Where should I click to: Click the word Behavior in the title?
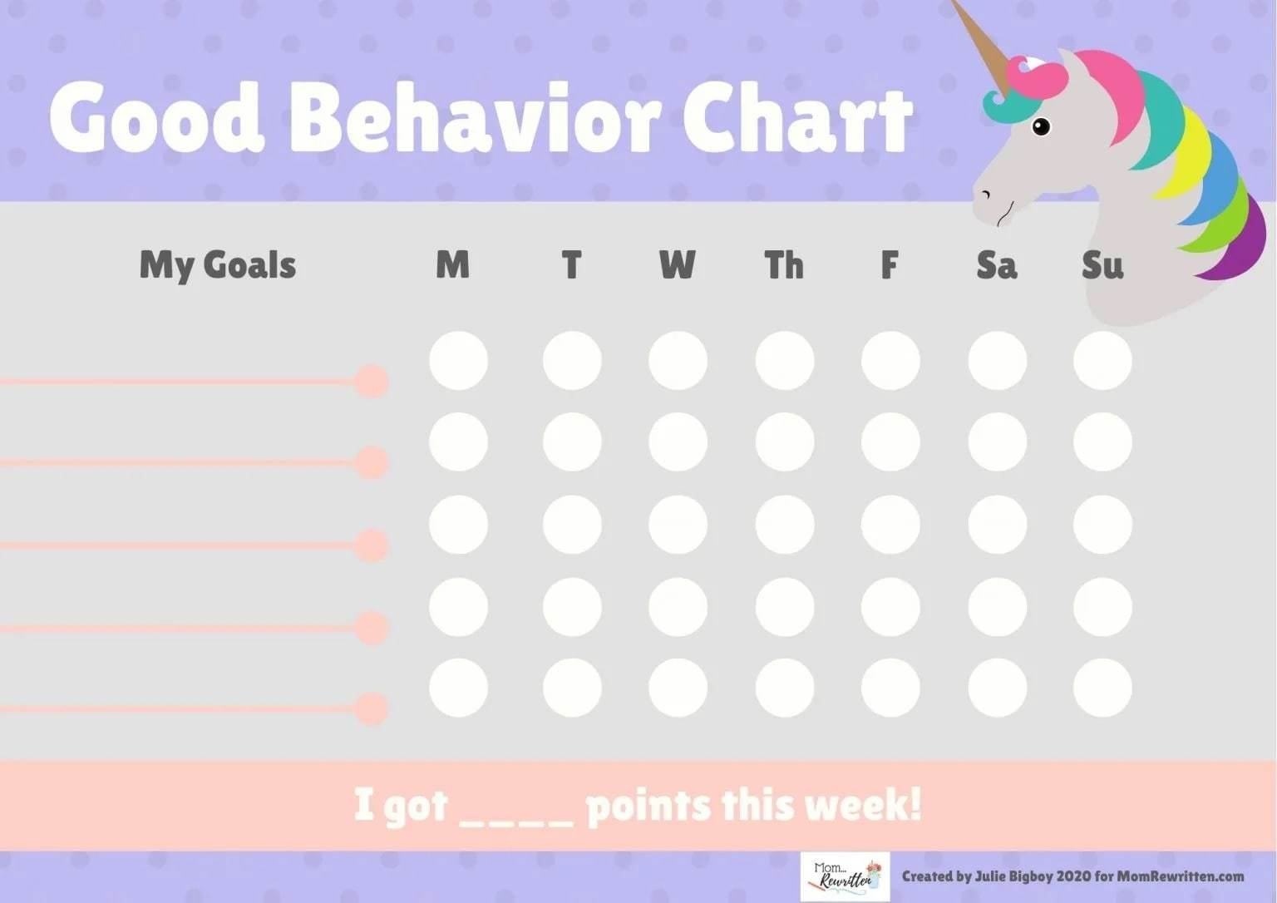pyautogui.click(x=475, y=121)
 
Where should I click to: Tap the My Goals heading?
pyautogui.click(x=218, y=265)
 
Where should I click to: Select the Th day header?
pyautogui.click(x=784, y=265)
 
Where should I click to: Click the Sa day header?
pyautogui.click(x=996, y=265)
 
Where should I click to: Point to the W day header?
pyautogui.click(x=678, y=265)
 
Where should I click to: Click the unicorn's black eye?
pyautogui.click(x=1041, y=127)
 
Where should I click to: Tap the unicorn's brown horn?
pyautogui.click(x=981, y=42)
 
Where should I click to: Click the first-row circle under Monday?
pyautogui.click(x=458, y=361)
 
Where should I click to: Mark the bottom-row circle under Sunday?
pyautogui.click(x=1102, y=688)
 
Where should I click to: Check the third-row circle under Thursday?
pyautogui.click(x=784, y=525)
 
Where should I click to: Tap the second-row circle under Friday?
pyautogui.click(x=890, y=442)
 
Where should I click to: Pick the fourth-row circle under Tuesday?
pyautogui.click(x=572, y=607)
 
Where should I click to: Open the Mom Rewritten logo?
pyautogui.click(x=845, y=876)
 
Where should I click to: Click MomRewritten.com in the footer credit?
pyautogui.click(x=1181, y=876)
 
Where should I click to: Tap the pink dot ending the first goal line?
pyautogui.click(x=372, y=382)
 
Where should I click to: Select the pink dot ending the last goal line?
pyautogui.click(x=372, y=709)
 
